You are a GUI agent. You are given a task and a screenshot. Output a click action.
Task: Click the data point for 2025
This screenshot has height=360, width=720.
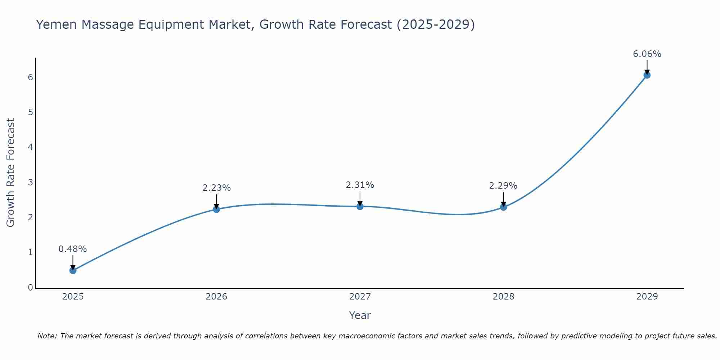point(73,270)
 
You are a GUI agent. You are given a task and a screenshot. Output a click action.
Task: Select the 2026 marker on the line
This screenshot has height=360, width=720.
point(216,209)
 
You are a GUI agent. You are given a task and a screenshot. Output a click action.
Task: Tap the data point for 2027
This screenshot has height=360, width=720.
point(360,206)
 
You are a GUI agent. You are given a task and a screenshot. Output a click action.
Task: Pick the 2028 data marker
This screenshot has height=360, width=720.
point(503,207)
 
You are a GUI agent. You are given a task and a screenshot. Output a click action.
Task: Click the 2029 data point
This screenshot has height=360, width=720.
point(647,75)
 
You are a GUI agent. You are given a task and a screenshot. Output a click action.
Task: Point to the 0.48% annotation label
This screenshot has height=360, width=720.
point(73,249)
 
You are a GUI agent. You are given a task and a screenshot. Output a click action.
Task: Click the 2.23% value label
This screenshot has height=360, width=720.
point(216,188)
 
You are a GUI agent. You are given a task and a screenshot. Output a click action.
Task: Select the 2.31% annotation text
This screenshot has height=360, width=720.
point(360,185)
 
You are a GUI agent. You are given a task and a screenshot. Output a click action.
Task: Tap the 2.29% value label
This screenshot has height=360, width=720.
point(503,186)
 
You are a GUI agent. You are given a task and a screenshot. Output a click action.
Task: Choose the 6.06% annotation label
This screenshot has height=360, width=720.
point(647,54)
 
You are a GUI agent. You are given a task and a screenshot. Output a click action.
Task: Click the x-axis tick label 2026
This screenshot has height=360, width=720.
point(216,297)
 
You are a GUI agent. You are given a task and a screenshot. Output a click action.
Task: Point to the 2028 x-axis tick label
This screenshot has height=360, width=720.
point(503,297)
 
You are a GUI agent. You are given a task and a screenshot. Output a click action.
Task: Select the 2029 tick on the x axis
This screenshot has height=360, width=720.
point(647,297)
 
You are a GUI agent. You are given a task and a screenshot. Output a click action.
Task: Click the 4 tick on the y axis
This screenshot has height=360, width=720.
point(30,147)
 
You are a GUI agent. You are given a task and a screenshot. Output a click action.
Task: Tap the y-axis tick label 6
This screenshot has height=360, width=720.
point(30,77)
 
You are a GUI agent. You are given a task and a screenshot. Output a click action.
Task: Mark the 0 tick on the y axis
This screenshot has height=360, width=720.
point(30,288)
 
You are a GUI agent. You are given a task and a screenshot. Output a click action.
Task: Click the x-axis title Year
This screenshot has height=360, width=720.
point(360,315)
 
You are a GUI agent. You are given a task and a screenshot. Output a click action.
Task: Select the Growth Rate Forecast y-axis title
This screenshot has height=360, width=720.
point(11,173)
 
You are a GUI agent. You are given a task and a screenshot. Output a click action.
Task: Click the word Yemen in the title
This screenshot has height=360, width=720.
point(57,25)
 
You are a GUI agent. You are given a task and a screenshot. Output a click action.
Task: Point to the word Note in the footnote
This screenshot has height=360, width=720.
point(47,336)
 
